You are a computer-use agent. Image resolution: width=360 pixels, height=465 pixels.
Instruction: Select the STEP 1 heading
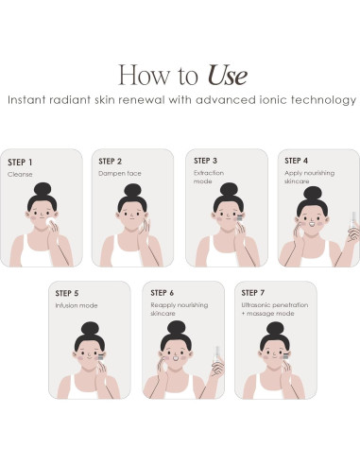click(22, 162)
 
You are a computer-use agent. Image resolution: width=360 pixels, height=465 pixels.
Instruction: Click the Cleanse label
click(20, 174)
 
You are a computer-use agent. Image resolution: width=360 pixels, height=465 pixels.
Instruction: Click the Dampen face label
click(120, 174)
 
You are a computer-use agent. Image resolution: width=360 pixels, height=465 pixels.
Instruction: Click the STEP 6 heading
click(164, 293)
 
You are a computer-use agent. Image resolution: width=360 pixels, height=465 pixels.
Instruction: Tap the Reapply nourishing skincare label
click(179, 310)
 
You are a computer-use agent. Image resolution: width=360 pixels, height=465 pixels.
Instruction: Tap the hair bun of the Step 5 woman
click(89, 329)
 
